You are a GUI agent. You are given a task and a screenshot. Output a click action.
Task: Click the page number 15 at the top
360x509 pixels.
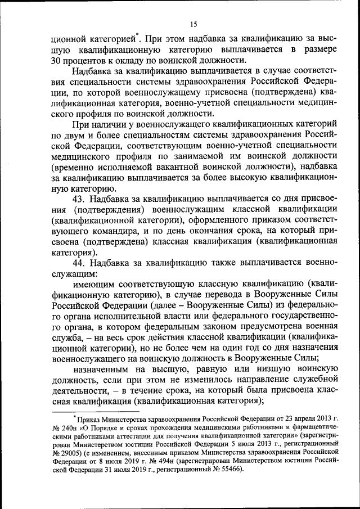[192, 24]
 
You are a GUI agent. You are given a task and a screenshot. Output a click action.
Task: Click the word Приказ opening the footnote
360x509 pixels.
[90, 419]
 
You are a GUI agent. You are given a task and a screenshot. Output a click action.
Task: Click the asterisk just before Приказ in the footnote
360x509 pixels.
[75, 417]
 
